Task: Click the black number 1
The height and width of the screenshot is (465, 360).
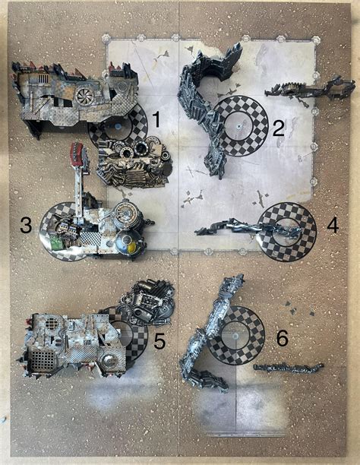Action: pos(156,119)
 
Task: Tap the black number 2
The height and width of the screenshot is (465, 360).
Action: pos(279,128)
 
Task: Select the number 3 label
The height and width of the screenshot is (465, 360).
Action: pos(26,225)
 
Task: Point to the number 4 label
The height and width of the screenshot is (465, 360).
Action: pos(332,225)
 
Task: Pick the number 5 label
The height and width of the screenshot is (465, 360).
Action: pos(159,341)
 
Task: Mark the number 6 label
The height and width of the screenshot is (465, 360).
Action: pos(282,339)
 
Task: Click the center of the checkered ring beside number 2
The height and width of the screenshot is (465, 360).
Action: pos(240,125)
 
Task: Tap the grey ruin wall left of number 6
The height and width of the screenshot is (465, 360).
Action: pos(209,334)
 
